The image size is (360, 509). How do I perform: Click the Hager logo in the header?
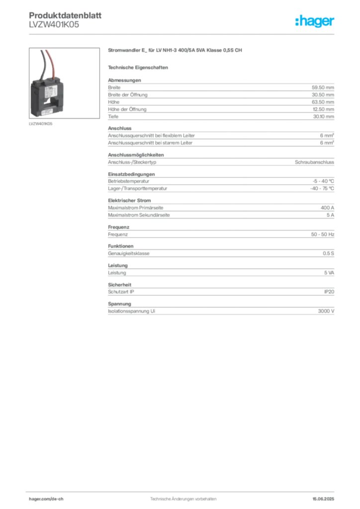click(x=315, y=21)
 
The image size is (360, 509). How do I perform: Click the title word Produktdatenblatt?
click(x=65, y=15)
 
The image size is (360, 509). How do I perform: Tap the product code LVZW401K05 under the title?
click(x=54, y=24)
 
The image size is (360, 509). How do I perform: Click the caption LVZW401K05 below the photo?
click(x=41, y=124)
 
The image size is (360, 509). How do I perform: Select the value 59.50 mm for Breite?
click(x=323, y=87)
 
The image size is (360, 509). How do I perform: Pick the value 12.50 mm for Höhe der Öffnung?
click(x=323, y=109)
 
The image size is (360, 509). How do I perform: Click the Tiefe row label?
click(x=113, y=116)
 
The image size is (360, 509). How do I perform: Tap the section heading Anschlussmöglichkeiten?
click(x=136, y=155)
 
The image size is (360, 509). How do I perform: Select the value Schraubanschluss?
click(x=314, y=162)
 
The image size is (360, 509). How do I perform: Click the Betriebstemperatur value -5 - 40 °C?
click(x=323, y=181)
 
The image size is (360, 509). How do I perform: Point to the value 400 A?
click(x=327, y=208)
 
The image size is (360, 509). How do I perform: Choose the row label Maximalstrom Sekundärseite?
click(x=139, y=215)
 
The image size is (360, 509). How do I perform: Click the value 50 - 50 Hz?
click(x=322, y=235)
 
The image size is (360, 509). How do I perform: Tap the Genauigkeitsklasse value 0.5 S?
click(x=328, y=253)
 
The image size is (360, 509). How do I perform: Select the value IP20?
click(x=329, y=292)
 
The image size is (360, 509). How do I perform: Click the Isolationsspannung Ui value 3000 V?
click(x=326, y=311)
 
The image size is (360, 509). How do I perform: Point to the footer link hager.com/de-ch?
click(x=46, y=499)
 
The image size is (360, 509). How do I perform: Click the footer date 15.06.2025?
click(x=323, y=499)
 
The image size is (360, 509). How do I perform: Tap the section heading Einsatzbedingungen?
click(x=131, y=174)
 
